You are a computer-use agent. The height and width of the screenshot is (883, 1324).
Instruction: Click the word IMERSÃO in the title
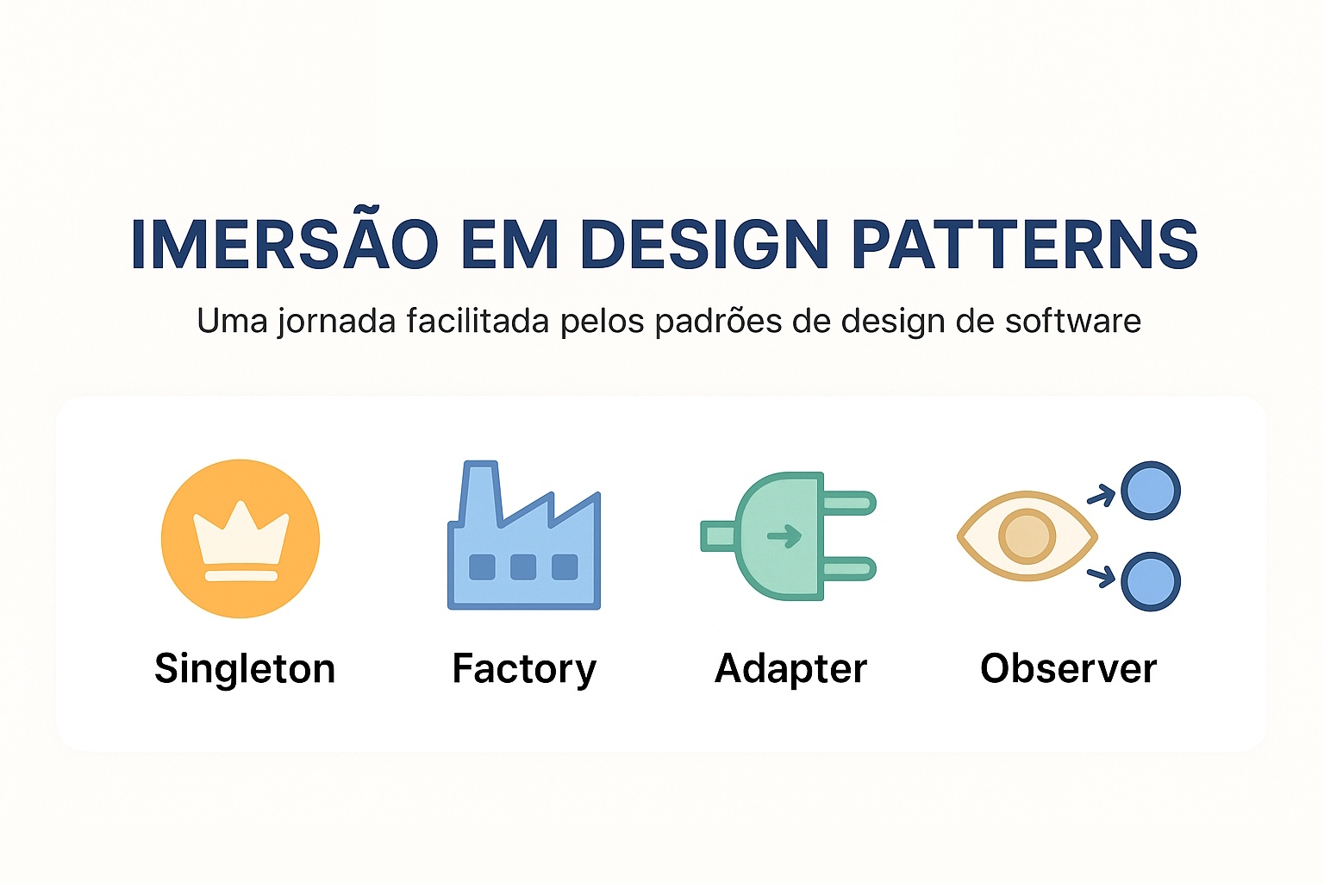click(284, 245)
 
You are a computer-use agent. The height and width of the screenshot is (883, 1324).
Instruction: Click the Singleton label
click(245, 669)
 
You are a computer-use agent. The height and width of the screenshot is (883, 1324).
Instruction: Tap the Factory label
click(524, 669)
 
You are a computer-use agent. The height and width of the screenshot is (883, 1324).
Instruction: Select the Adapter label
click(791, 669)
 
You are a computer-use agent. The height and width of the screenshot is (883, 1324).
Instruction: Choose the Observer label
click(1069, 669)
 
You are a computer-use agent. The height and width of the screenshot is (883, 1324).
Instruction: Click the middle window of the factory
click(523, 567)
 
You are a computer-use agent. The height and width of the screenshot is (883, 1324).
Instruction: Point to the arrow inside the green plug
click(784, 536)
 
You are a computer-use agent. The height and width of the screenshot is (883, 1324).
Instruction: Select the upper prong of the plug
click(849, 503)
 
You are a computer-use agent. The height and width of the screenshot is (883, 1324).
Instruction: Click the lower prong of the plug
click(849, 568)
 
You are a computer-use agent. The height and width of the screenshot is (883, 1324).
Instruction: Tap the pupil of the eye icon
click(1027, 536)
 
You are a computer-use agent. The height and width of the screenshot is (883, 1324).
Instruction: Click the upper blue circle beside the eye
click(1151, 492)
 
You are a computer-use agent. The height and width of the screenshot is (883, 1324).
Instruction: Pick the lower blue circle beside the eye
click(1151, 581)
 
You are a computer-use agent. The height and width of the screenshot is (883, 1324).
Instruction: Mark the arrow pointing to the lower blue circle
click(1102, 575)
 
